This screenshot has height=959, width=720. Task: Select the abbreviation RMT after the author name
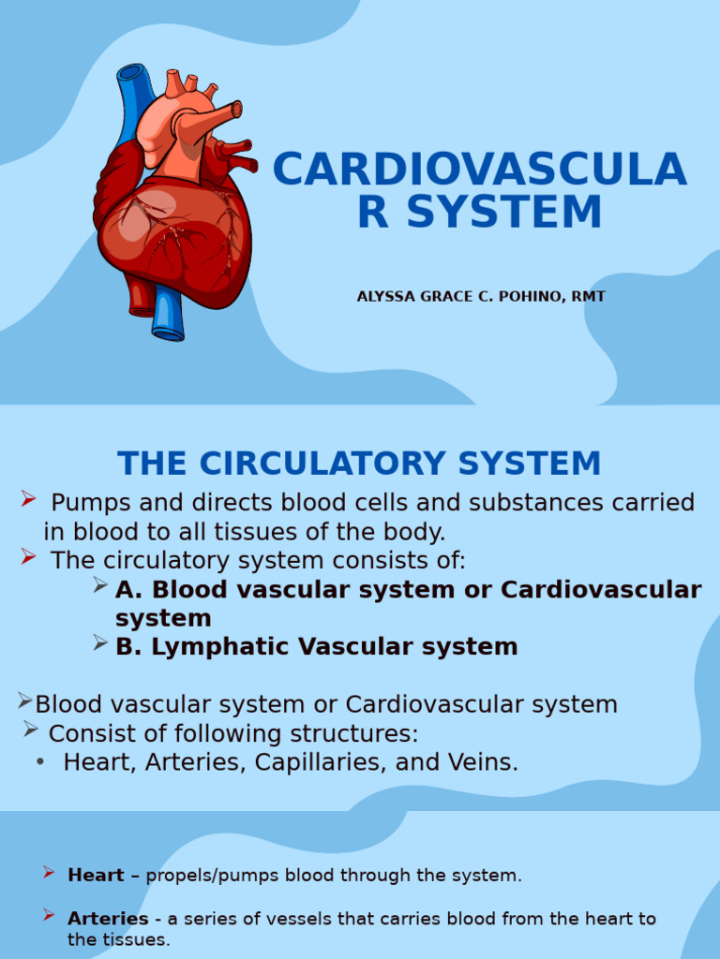588,297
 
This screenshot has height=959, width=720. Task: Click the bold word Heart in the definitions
96,876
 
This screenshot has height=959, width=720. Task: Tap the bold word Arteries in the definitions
108,919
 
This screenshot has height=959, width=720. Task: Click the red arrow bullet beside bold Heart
49,874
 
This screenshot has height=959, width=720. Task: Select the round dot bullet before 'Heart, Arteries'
40,762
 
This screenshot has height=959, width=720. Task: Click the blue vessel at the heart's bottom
167,314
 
